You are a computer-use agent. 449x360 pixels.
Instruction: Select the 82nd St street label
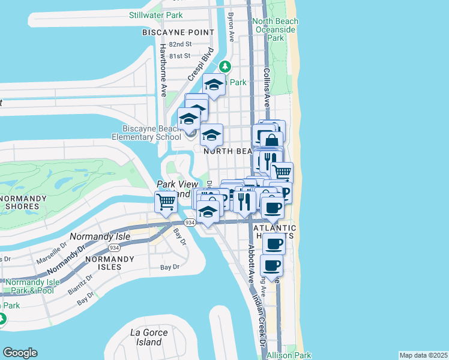point(180,44)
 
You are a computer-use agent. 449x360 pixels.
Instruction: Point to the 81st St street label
point(179,56)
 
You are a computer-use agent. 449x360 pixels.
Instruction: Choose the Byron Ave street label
point(231,26)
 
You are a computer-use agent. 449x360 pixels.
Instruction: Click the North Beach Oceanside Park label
point(276,29)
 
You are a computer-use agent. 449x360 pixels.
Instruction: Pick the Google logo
point(20,353)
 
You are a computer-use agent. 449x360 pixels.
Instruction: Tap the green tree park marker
point(225,67)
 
